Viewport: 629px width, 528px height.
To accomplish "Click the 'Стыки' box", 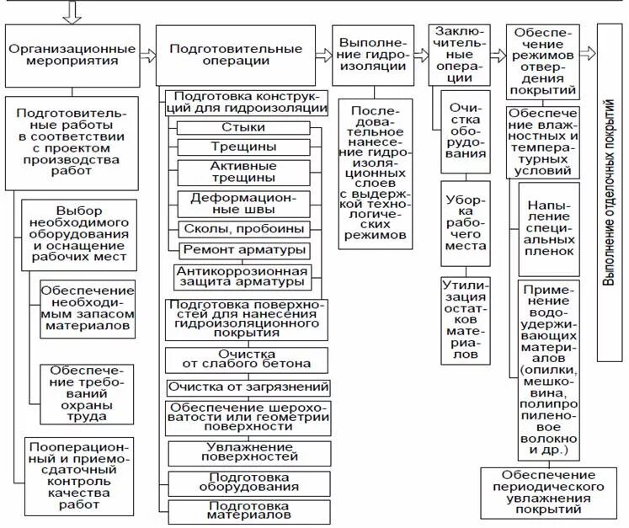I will [x=243, y=127].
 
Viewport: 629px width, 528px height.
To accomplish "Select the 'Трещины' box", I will [x=243, y=147].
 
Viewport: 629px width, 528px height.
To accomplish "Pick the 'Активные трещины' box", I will [x=243, y=172].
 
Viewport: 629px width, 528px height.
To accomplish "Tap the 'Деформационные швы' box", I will [x=243, y=203].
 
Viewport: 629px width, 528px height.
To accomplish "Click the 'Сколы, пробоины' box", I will [x=243, y=229].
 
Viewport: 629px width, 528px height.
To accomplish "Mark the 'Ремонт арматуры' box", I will [x=243, y=249].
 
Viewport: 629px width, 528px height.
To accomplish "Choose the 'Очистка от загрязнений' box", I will [x=248, y=387].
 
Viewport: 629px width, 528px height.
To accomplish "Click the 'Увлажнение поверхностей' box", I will [x=248, y=452].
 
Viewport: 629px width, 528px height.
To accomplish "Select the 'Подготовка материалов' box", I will [x=248, y=510].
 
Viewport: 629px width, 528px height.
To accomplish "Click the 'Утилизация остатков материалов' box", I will [x=466, y=320].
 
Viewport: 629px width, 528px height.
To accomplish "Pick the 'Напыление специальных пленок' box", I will [x=549, y=228].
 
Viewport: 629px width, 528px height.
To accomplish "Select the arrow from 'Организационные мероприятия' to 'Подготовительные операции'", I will [x=147, y=56].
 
